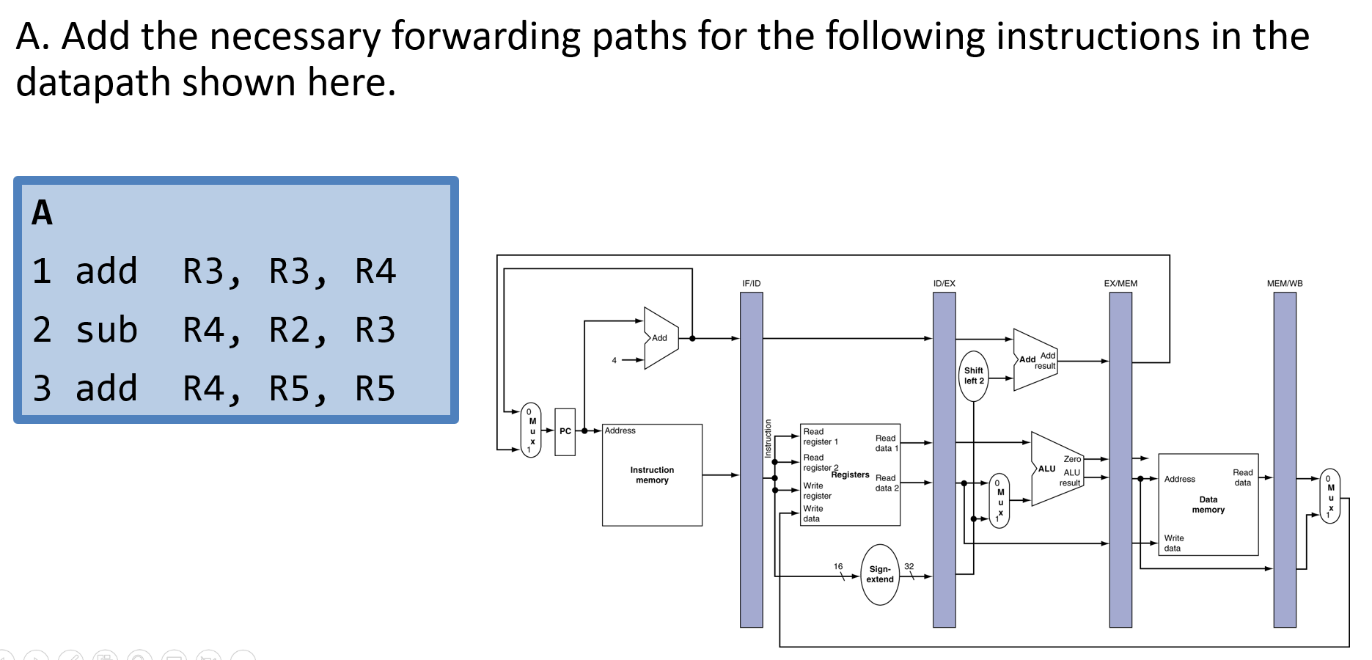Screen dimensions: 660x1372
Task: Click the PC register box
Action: coord(565,432)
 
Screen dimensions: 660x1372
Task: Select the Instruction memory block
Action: coord(652,475)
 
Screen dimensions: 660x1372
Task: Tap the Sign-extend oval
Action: coord(880,574)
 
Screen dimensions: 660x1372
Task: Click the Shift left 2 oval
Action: coord(974,375)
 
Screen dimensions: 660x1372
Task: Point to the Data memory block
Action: coord(1208,505)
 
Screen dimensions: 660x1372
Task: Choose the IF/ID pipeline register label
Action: coord(752,283)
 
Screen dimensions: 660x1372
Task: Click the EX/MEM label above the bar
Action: coord(1120,283)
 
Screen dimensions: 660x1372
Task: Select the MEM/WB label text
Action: coord(1285,283)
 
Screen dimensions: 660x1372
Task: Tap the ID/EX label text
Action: coord(944,283)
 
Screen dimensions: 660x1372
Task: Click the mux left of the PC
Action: coord(532,430)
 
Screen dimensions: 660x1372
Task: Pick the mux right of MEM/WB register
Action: coord(1330,496)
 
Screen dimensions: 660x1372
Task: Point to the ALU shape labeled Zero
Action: coord(1056,469)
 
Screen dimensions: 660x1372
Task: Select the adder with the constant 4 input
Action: coord(660,338)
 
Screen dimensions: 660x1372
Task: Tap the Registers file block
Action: coord(851,474)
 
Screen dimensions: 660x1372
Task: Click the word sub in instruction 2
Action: coord(106,329)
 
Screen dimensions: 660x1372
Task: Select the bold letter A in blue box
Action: coord(42,213)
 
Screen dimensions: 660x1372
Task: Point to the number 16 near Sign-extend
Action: coord(838,566)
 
